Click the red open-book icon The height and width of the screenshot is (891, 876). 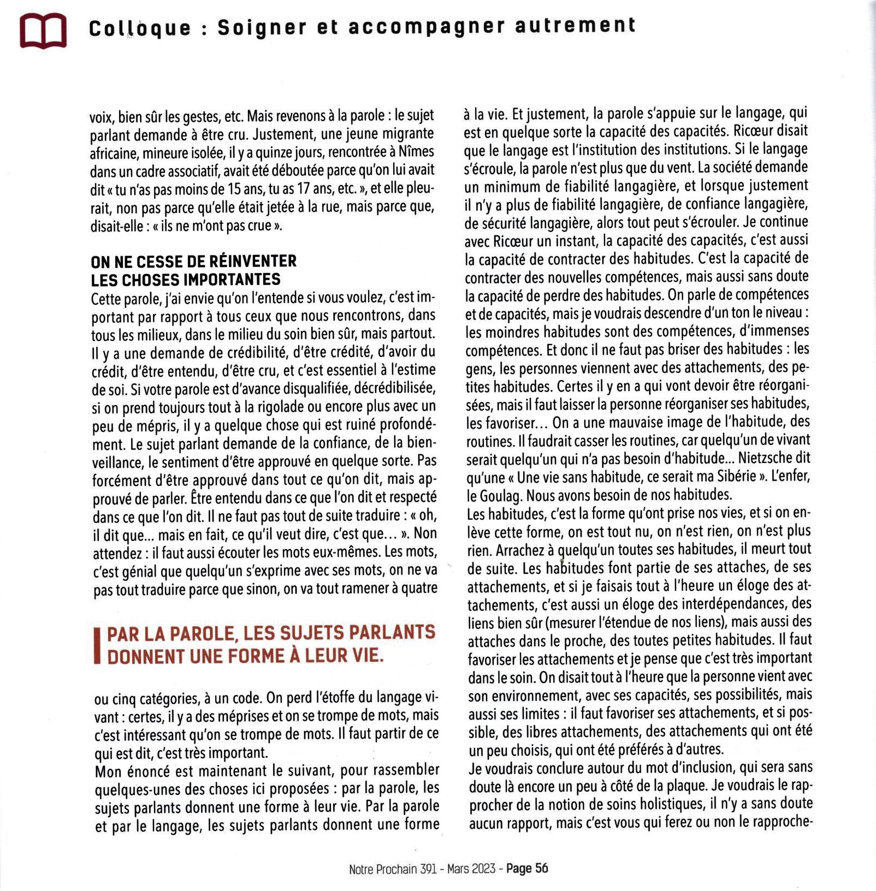pyautogui.click(x=43, y=31)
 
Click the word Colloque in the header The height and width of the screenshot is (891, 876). pyautogui.click(x=140, y=28)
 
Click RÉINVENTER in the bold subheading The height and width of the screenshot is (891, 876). pyautogui.click(x=253, y=261)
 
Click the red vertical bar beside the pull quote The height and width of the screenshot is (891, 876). pyautogui.click(x=97, y=645)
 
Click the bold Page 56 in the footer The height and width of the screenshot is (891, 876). pyautogui.click(x=527, y=869)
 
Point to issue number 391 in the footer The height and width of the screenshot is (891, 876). pyautogui.click(x=428, y=869)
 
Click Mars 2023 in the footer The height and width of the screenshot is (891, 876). pyautogui.click(x=471, y=869)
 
